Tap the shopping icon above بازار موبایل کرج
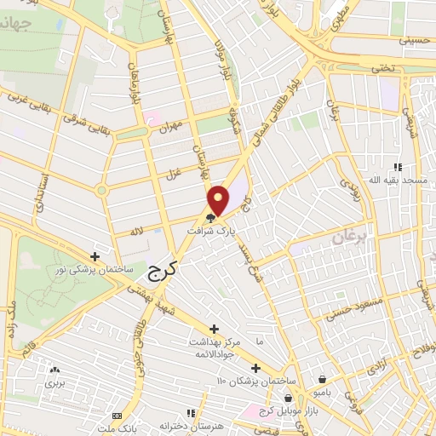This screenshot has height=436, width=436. pos(290,398)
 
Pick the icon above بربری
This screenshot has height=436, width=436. pos(55,370)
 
